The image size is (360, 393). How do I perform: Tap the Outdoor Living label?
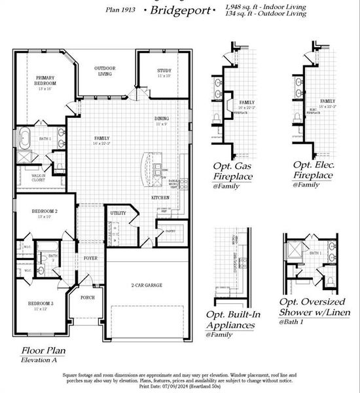point(104,71)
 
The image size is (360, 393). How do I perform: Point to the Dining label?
point(162,119)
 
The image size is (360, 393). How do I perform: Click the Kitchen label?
point(161,197)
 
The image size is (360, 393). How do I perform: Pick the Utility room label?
point(118,214)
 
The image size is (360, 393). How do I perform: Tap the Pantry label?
point(170,231)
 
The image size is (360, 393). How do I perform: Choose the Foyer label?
point(90,258)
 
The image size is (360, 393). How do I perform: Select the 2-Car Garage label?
point(147,285)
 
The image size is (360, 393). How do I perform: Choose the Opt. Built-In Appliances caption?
point(234,320)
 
